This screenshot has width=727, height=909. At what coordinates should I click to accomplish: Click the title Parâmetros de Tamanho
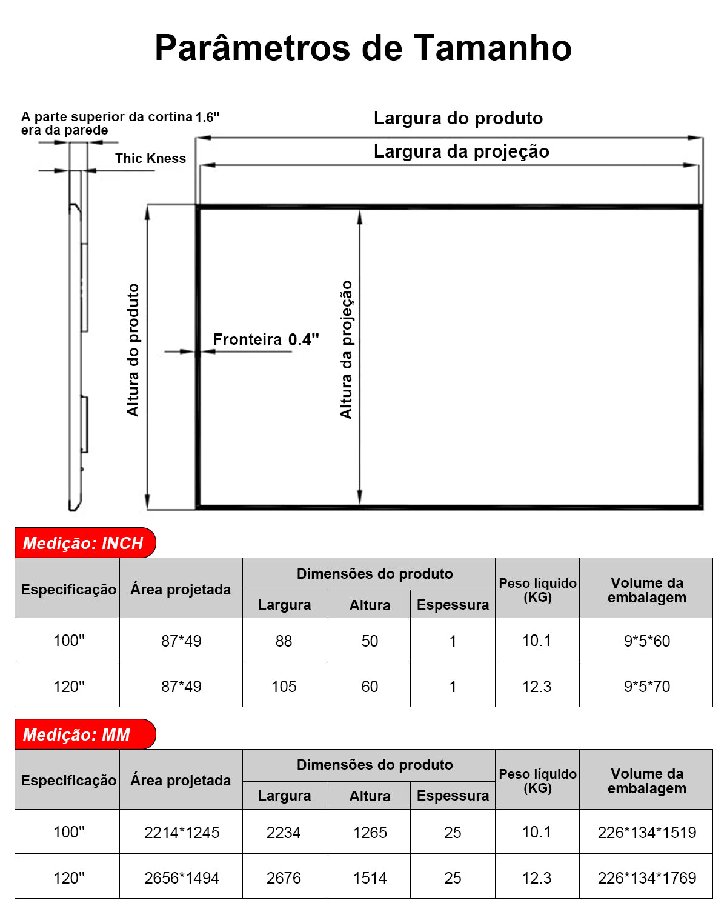point(363,48)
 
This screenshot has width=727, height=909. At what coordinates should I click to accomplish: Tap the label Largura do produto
point(458,118)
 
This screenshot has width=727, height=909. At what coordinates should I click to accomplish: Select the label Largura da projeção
point(461,151)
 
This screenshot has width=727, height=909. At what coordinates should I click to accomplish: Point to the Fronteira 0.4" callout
point(265,339)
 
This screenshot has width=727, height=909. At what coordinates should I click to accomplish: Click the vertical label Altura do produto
point(133,350)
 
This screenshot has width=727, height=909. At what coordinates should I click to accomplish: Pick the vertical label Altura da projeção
point(346,349)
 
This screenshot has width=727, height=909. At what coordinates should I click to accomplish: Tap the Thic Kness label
point(150,159)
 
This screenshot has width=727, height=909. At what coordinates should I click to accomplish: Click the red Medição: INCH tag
point(84,543)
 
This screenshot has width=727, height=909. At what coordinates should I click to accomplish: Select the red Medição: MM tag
point(77,734)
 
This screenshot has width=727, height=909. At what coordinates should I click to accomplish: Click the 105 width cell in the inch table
point(284,687)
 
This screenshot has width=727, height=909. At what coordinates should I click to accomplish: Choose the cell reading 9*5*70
point(646,687)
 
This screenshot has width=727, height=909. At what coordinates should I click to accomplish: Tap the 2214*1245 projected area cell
point(182,833)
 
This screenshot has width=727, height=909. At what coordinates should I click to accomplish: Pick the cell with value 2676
point(284,878)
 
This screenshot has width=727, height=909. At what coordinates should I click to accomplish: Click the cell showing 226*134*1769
point(646,878)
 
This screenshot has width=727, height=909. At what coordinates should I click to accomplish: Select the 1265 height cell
point(370,833)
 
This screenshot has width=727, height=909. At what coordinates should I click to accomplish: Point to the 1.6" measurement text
point(207,117)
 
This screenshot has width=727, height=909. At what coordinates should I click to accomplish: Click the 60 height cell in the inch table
point(370,687)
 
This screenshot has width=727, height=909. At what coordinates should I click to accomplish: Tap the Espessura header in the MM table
point(453,796)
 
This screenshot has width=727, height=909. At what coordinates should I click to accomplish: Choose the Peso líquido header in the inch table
point(537,590)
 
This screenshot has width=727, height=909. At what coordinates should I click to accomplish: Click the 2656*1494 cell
point(182,878)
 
